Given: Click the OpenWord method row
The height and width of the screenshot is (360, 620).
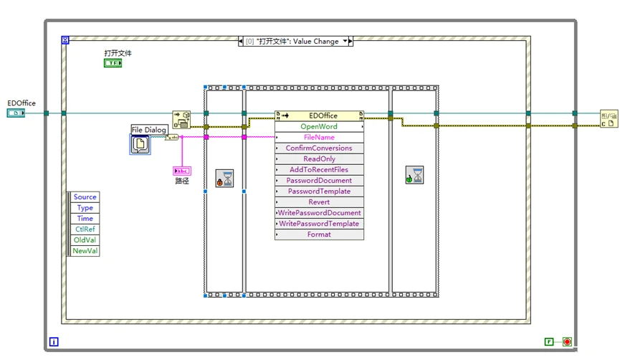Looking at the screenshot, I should coord(319,126).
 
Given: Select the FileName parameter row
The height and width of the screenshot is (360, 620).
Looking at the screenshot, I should coord(319,137).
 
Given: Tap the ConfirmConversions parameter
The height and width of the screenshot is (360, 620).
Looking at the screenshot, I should coord(319,148).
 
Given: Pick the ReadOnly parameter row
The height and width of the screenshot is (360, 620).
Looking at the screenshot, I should coord(319,158).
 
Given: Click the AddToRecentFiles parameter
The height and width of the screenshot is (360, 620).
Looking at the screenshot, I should coord(319,169).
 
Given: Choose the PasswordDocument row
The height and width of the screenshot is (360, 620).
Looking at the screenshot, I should coord(319,180).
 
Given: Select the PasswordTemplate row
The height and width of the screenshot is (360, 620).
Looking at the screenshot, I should coord(319,191).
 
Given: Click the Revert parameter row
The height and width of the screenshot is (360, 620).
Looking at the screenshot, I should coord(319,202).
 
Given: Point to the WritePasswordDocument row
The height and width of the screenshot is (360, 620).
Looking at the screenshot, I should coord(319,213).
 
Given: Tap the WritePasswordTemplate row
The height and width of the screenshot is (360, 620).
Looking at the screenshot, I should coord(319,224).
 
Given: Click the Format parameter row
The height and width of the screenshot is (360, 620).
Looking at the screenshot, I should coord(319,235).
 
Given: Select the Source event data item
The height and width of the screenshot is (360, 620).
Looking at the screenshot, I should coord(85,197).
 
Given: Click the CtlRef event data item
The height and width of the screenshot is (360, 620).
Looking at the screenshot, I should coord(85,229).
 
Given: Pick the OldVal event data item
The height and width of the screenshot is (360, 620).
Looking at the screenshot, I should coord(85,240).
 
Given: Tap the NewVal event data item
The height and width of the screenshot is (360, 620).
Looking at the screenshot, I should coord(85,251).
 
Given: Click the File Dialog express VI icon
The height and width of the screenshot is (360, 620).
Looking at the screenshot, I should coord(140,144).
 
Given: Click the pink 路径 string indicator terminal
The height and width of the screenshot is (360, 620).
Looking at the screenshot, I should coord(181,171).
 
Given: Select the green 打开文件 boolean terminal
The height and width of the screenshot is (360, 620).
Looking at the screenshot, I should coord(113,63).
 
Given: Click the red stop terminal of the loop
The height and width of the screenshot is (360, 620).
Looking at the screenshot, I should coord(567,342).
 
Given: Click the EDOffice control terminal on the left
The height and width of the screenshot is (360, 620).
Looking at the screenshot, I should coord(16,113).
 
